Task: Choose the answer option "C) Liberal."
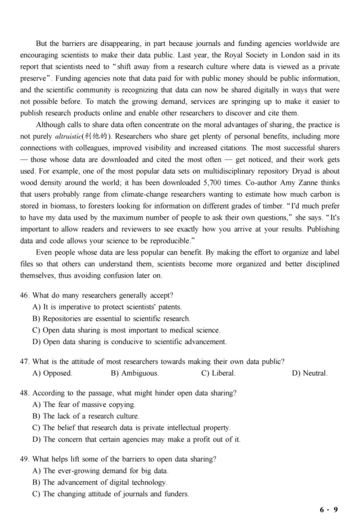(218, 373)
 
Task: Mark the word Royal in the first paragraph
(239, 55)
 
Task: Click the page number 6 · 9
(328, 510)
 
